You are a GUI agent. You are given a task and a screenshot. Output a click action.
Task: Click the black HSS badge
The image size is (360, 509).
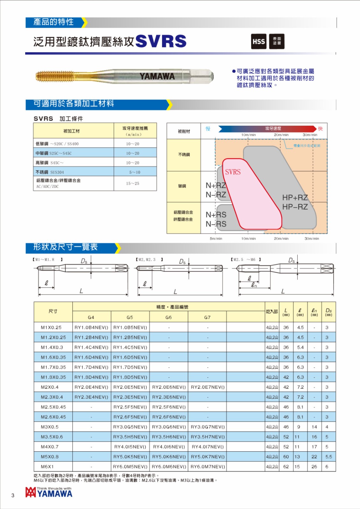point(258,42)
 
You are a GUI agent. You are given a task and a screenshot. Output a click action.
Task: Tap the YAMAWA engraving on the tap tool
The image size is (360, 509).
point(157,76)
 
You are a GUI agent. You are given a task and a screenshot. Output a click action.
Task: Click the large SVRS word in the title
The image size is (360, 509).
point(161,41)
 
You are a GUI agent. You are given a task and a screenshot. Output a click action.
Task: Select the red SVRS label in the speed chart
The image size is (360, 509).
point(233,172)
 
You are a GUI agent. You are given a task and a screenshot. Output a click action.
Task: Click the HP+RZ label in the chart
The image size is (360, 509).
point(295,198)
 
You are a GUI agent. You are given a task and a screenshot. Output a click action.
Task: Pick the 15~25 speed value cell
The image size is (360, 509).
point(132,183)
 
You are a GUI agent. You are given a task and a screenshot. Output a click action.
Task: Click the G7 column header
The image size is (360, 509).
point(207,317)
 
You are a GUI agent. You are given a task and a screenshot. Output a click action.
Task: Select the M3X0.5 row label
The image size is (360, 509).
point(50,427)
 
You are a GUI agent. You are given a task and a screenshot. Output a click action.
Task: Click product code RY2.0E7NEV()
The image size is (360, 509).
point(208,387)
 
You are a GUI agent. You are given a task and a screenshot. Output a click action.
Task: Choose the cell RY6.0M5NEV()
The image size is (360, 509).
point(130,467)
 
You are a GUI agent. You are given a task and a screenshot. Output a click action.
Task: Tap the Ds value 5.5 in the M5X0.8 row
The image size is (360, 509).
point(328,457)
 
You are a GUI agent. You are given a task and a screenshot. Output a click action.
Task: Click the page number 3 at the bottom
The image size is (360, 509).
point(13,495)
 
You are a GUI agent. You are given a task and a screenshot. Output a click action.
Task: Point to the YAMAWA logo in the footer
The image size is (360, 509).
point(49,493)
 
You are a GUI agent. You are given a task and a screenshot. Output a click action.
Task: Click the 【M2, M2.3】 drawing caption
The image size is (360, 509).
point(149,260)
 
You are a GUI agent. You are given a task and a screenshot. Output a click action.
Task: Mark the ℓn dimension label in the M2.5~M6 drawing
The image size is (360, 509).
point(254,285)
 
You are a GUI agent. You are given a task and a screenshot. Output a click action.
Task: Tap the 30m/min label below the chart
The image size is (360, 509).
point(312,238)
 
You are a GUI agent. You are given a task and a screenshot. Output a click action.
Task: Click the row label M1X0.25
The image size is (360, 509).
point(51,327)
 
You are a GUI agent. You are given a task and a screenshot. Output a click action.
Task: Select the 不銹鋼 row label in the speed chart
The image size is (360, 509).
point(184,155)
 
